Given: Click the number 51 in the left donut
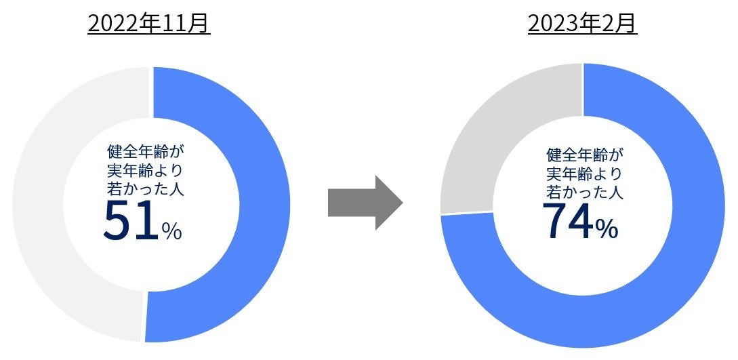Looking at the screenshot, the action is pos(130,221).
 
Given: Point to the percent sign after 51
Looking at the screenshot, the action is pos(171,231).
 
